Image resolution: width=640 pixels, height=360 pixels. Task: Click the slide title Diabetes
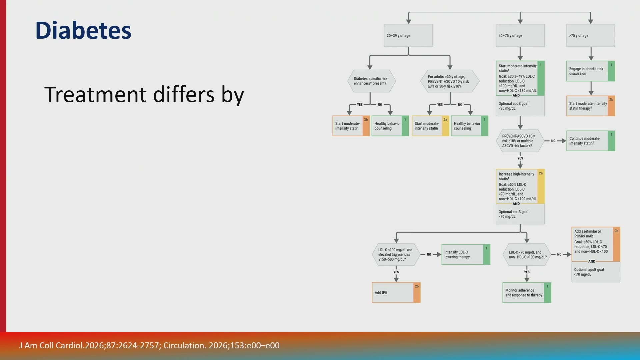83,30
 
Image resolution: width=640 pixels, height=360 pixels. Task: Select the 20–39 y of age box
408,35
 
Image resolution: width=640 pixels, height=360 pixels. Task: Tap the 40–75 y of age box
520,35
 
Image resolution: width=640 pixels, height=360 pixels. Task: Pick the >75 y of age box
590,35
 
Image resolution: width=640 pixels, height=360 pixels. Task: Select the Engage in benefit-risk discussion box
590,71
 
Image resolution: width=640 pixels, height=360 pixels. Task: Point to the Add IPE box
396,293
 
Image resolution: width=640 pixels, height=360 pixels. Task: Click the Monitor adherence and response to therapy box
527,293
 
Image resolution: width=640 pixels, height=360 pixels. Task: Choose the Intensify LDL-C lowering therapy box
466,254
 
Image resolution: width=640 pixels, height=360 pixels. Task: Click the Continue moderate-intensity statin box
590,141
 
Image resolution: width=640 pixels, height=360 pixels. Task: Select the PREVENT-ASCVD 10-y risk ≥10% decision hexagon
520,141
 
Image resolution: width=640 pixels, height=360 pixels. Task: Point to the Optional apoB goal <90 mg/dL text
513,106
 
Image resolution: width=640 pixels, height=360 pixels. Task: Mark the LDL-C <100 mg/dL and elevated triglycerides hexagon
396,254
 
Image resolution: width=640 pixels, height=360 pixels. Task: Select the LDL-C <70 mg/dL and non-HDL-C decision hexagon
527,254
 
